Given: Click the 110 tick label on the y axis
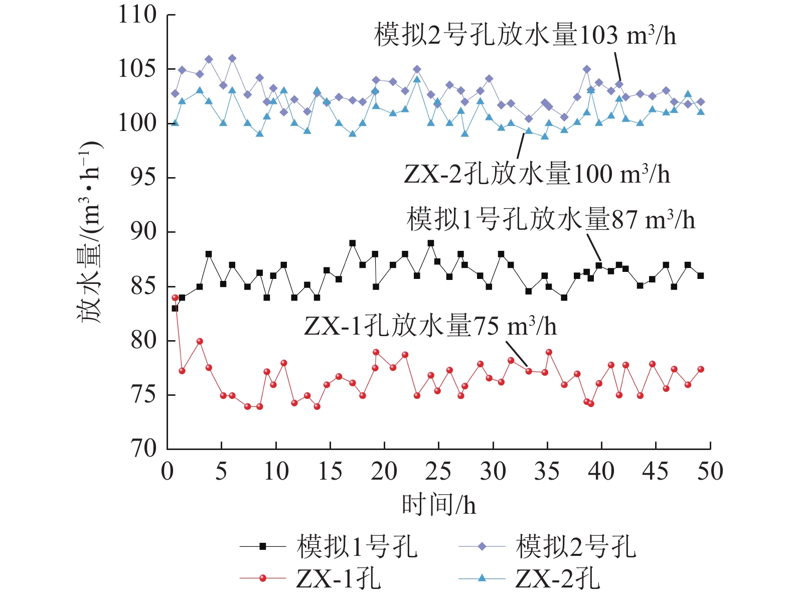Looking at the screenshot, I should click(137, 15).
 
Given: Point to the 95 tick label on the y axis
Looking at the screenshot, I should click(143, 178).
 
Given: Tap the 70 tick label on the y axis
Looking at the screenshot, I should click(143, 448).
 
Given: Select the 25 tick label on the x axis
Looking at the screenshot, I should click(438, 472).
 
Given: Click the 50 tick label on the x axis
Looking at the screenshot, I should click(710, 472).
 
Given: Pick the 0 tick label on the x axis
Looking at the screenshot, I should click(168, 472).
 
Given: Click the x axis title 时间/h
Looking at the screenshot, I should click(438, 504).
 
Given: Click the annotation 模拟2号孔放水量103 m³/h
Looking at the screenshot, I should click(525, 35).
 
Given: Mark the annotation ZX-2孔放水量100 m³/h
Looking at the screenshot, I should click(537, 174).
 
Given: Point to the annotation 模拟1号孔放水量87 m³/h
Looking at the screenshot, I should click(550, 220).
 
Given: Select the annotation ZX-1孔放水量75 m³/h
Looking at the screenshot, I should click(430, 326).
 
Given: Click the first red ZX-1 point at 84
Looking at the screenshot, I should click(175, 297).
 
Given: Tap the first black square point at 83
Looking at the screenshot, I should click(175, 308).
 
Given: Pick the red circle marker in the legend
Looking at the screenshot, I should click(263, 578).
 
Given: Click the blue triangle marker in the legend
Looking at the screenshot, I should click(482, 578).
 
